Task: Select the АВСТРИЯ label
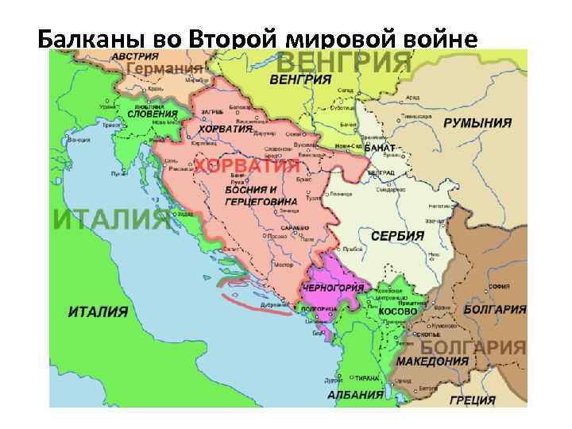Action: pos(134,57)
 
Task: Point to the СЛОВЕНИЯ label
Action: pos(152,114)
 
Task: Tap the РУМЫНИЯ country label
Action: pos(477,124)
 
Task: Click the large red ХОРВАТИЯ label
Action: pos(248,165)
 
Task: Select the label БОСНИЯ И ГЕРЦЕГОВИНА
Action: pos(250,195)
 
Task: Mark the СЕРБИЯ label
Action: pos(397,236)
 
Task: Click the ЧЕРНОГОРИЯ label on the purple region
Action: pos(329,287)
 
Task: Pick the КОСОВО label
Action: pos(397,312)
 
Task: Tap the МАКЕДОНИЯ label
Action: pos(433,361)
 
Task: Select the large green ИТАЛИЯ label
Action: pos(111,219)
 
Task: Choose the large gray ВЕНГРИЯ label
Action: pos(343,62)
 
